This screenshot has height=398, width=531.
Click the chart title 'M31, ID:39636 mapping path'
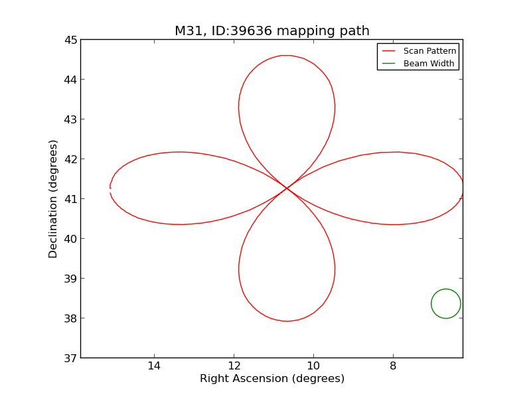[x=271, y=31]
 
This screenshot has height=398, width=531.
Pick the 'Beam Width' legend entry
[x=429, y=64]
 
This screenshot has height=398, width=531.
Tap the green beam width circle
[x=445, y=304]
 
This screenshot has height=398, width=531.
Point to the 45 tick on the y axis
[x=70, y=40]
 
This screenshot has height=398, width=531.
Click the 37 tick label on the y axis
[x=70, y=358]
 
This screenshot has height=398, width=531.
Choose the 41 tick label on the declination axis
[x=70, y=199]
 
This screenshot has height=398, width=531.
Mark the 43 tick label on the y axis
[x=70, y=119]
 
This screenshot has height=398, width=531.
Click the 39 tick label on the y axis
[x=70, y=279]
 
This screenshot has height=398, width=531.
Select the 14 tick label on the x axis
[x=154, y=366]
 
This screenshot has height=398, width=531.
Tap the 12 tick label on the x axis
[x=234, y=366]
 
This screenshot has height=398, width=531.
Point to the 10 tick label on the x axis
[x=313, y=366]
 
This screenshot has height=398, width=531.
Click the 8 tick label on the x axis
[x=393, y=366]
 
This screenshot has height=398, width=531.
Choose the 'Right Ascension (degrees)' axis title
[x=271, y=379]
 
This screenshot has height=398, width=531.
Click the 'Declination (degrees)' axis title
[x=53, y=198]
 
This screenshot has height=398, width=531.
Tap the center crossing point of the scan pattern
[x=287, y=188]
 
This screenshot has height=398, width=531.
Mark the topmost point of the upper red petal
[x=286, y=55]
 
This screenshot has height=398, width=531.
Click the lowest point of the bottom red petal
[x=286, y=321]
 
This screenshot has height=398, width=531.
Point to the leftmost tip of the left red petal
[x=110, y=188]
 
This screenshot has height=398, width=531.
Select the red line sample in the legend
[x=389, y=51]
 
